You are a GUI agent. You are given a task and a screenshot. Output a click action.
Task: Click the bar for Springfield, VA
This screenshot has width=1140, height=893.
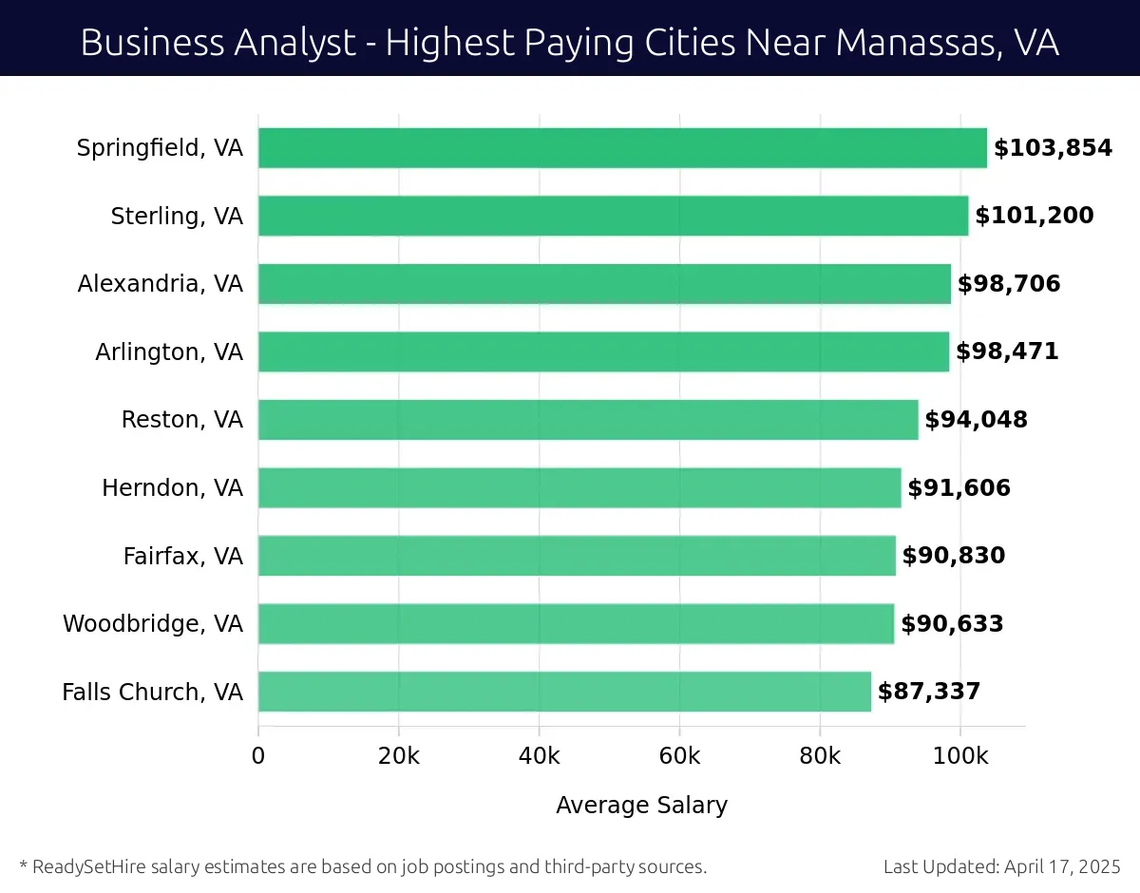(622, 148)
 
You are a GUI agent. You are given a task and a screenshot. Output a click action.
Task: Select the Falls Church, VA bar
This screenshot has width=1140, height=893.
(564, 692)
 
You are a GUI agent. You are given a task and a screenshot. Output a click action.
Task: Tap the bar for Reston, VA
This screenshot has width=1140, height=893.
(588, 420)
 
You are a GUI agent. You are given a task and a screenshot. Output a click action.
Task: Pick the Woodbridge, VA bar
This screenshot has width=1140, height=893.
(576, 624)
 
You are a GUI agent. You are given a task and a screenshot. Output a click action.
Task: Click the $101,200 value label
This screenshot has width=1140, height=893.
(1035, 216)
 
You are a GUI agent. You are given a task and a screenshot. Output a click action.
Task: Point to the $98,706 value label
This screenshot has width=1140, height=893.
(1009, 284)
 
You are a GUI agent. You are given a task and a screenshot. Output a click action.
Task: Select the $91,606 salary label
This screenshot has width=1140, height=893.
(959, 488)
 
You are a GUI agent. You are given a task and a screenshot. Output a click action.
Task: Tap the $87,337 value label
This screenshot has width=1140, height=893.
(929, 692)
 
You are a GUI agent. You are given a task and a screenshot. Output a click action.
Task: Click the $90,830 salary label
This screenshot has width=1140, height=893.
(954, 556)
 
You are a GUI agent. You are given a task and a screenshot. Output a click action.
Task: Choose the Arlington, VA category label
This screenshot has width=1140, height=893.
(169, 352)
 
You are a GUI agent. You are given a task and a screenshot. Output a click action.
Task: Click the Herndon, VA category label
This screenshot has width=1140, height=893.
(173, 488)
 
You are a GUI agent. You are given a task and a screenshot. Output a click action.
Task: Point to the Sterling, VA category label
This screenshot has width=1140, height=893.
(177, 217)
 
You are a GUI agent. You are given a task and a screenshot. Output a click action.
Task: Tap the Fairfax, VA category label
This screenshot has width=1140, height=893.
(183, 556)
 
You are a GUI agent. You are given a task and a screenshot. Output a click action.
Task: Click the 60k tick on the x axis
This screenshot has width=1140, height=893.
(679, 756)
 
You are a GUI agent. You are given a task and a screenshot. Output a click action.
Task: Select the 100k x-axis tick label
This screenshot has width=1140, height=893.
(959, 756)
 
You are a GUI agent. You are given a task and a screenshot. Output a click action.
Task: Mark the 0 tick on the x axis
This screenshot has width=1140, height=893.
(258, 756)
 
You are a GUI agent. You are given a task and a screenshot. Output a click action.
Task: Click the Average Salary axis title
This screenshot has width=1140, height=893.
(641, 806)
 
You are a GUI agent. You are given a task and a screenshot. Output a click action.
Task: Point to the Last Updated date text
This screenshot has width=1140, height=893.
(1001, 866)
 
